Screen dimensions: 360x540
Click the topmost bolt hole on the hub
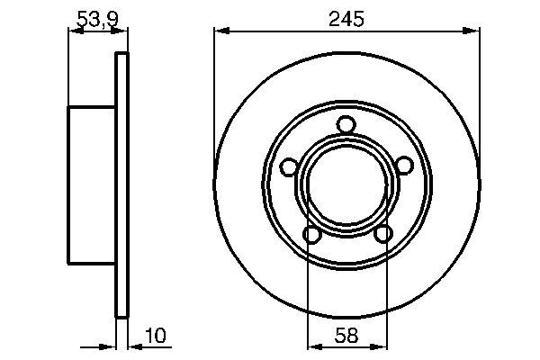click(x=346, y=125)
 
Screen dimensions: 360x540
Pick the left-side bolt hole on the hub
click(x=288, y=166)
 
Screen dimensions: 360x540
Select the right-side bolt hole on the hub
click(x=404, y=164)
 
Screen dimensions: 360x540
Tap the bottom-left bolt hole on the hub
click(x=312, y=235)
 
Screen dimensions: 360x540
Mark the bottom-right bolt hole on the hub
click(x=382, y=234)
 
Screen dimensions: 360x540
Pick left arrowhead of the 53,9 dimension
click(x=75, y=32)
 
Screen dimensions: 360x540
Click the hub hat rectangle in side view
click(x=92, y=185)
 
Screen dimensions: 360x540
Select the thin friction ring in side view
click(x=122, y=185)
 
